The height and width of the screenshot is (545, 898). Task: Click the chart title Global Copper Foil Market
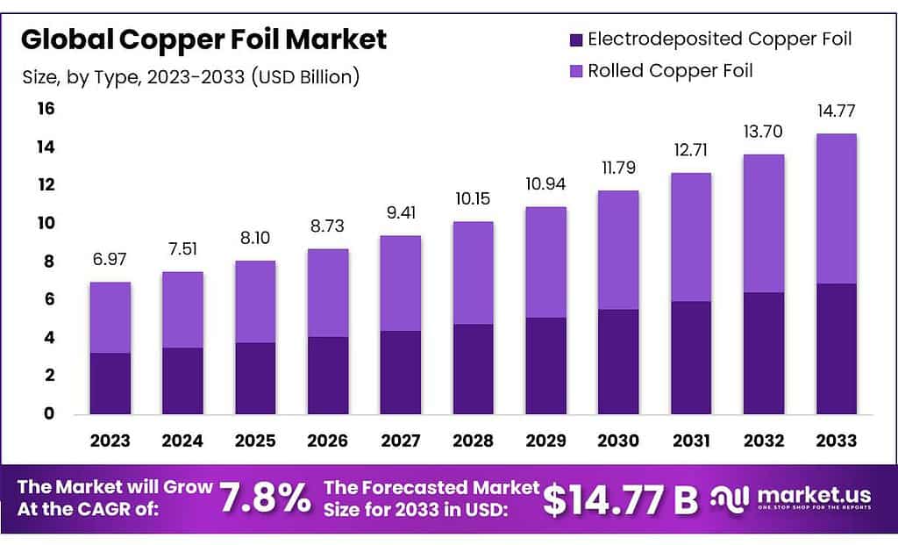click(x=203, y=39)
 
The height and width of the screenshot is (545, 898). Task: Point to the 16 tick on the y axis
click(x=45, y=109)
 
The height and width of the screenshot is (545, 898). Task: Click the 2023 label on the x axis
click(x=110, y=441)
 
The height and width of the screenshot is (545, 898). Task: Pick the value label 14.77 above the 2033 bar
click(x=836, y=111)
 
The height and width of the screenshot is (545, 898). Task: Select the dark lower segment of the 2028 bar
click(x=473, y=369)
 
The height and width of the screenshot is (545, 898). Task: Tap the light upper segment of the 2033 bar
click(x=836, y=209)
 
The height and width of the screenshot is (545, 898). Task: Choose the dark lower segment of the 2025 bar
click(x=255, y=378)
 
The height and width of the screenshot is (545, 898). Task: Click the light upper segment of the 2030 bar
click(x=618, y=250)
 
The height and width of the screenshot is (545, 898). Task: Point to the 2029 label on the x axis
click(x=545, y=441)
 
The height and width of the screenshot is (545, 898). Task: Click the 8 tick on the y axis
click(x=45, y=262)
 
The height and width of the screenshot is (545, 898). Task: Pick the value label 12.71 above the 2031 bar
click(x=690, y=150)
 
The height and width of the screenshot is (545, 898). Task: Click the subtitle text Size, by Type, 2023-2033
click(x=190, y=77)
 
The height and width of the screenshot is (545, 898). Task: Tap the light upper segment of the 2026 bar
click(x=328, y=293)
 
